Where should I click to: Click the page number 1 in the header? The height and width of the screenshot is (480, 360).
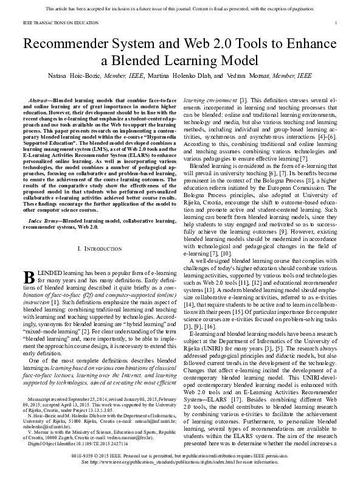click(336, 23)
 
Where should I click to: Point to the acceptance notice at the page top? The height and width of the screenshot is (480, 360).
click(179, 9)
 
